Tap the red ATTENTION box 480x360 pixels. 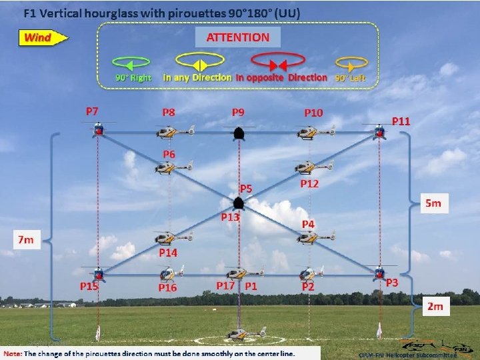(x=238, y=37)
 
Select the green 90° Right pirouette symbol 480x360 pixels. (x=132, y=64)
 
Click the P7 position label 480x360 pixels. (x=92, y=111)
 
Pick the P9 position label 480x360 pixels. (x=238, y=112)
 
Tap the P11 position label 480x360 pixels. (x=401, y=121)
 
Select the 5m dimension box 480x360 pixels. (x=433, y=203)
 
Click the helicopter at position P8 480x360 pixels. (x=175, y=132)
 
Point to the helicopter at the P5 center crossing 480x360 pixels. (x=238, y=201)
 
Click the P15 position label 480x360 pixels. (x=89, y=287)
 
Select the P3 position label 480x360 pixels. (x=392, y=283)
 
